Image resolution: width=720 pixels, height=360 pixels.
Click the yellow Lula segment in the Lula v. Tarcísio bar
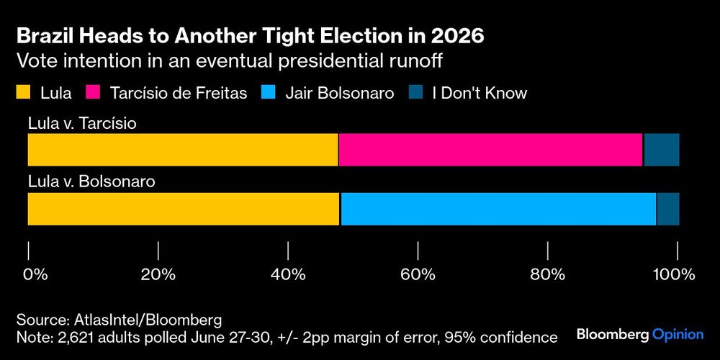click(x=182, y=150)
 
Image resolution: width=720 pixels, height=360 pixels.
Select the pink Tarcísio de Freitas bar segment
click(x=490, y=150)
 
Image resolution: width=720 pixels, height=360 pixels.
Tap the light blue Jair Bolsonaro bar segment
click(x=498, y=209)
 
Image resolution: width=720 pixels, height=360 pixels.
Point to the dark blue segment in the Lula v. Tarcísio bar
click(x=661, y=150)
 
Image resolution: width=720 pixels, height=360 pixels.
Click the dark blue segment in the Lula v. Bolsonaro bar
click(x=667, y=209)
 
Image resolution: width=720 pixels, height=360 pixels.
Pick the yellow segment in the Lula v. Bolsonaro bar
click(x=184, y=209)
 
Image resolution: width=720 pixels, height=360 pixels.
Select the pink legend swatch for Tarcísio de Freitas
click(x=93, y=92)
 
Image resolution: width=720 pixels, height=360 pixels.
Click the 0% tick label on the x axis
click(x=35, y=274)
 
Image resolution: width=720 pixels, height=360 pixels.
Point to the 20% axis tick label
click(x=158, y=274)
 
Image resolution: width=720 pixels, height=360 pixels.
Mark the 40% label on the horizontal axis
click(x=288, y=274)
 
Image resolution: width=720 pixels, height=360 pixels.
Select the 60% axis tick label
click(x=418, y=274)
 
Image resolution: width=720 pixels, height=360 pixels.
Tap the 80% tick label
click(x=549, y=274)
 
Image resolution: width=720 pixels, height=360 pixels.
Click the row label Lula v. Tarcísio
click(x=82, y=123)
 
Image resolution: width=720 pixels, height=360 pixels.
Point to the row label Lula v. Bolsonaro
click(x=91, y=182)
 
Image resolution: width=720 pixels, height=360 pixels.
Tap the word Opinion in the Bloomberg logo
click(x=678, y=335)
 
